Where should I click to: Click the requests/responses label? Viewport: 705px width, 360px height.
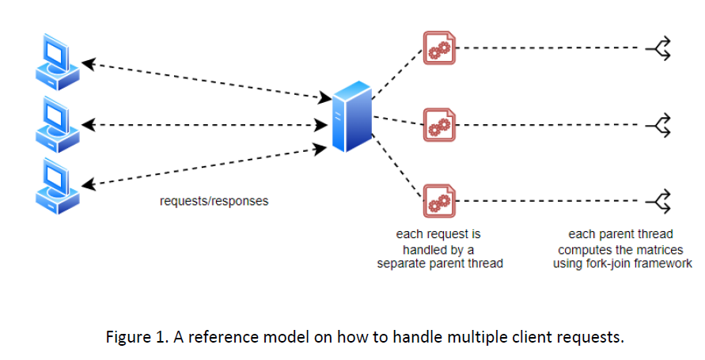tap(214, 201)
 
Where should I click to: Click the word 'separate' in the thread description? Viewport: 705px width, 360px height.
tap(404, 263)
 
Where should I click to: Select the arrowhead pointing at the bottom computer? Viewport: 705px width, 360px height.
tap(89, 185)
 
